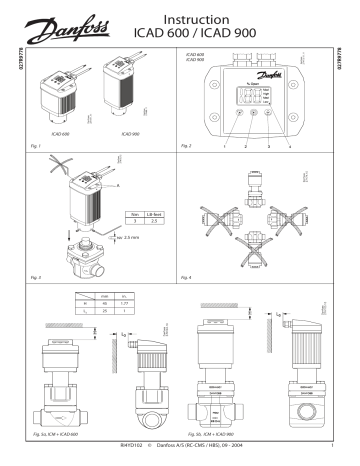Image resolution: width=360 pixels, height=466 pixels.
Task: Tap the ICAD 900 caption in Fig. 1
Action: click(129, 131)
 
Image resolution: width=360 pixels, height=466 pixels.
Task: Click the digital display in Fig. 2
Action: click(244, 97)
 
